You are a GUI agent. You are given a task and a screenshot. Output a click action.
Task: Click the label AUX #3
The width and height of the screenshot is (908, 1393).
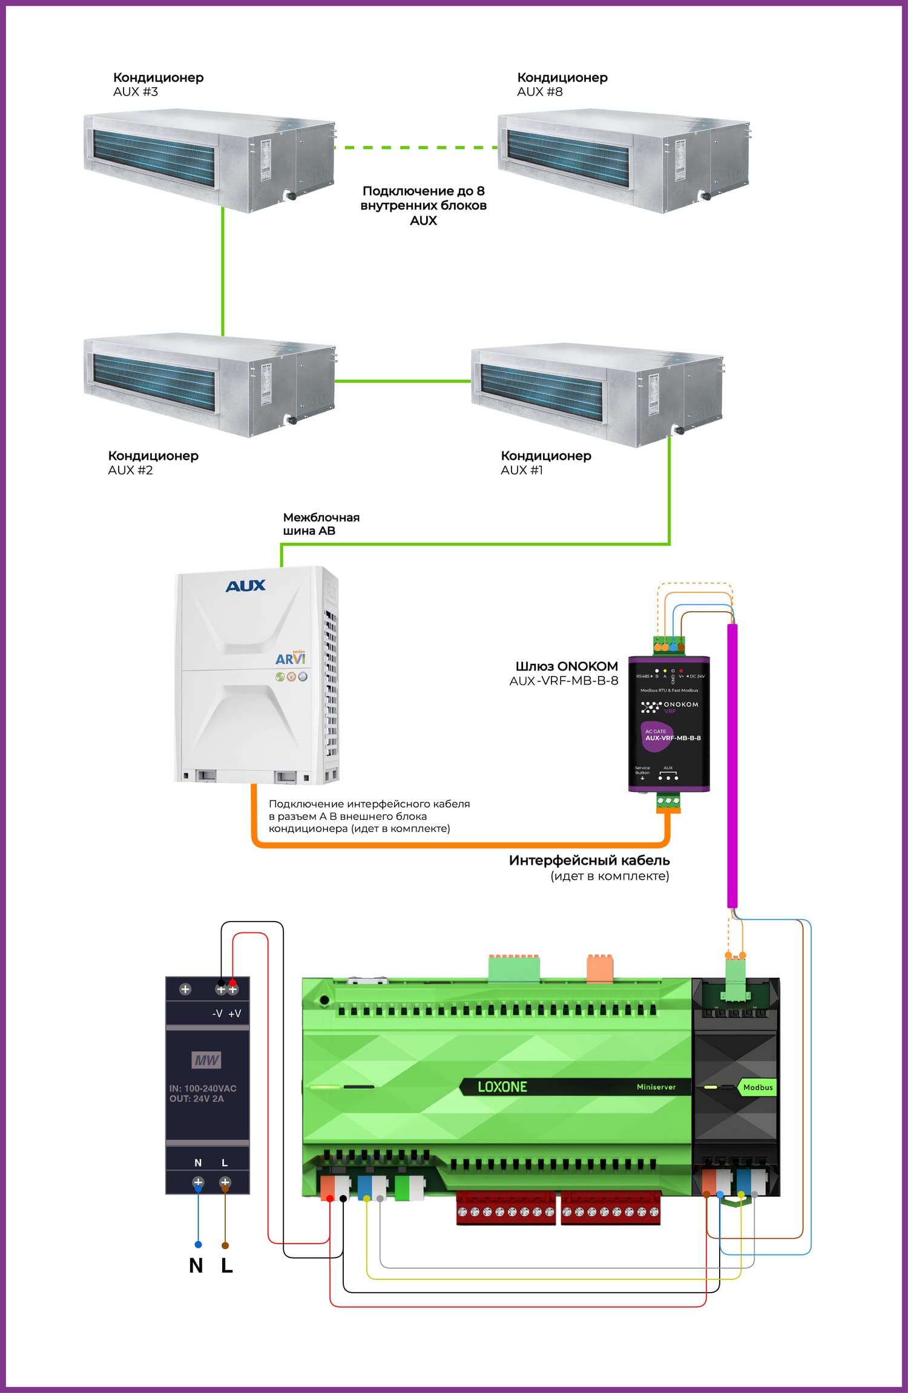(136, 92)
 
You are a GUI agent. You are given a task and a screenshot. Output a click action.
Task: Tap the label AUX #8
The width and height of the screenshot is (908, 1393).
(540, 92)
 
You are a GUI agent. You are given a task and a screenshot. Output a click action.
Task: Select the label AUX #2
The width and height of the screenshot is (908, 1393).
(130, 470)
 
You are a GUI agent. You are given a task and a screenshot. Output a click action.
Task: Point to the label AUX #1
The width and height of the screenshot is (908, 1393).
(522, 470)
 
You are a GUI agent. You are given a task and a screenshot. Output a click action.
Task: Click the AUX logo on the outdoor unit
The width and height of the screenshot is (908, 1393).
(245, 586)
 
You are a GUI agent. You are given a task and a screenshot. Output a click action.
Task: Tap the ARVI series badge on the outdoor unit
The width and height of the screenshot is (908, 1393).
(291, 658)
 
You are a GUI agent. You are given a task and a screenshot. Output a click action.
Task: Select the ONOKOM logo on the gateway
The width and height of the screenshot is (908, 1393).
(669, 705)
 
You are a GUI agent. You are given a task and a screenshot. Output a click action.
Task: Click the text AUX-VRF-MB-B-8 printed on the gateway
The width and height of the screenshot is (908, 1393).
(673, 738)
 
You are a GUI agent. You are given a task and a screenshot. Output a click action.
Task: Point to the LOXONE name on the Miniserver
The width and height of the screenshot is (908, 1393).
(502, 1087)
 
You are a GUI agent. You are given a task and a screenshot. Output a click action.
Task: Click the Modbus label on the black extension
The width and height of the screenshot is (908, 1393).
(758, 1087)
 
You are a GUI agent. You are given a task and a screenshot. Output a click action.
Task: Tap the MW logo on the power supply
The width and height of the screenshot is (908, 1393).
(206, 1060)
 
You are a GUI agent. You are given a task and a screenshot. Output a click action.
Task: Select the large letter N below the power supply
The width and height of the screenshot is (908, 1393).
(196, 1266)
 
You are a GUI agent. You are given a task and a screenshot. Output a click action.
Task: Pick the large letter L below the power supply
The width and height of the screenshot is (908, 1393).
(227, 1266)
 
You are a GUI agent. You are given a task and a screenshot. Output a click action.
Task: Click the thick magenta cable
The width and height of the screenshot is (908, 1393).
(732, 769)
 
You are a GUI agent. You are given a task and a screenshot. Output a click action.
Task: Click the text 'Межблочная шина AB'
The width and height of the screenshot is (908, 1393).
(321, 524)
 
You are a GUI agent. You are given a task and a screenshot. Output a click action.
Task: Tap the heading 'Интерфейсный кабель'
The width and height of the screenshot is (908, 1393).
(589, 860)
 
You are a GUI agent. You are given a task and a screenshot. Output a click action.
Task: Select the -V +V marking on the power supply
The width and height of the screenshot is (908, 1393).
(227, 1014)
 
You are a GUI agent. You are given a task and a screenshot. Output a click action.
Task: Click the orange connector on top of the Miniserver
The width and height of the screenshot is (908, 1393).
(600, 967)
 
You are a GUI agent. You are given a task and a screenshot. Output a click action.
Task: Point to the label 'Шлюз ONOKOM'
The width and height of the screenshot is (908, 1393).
(567, 666)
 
